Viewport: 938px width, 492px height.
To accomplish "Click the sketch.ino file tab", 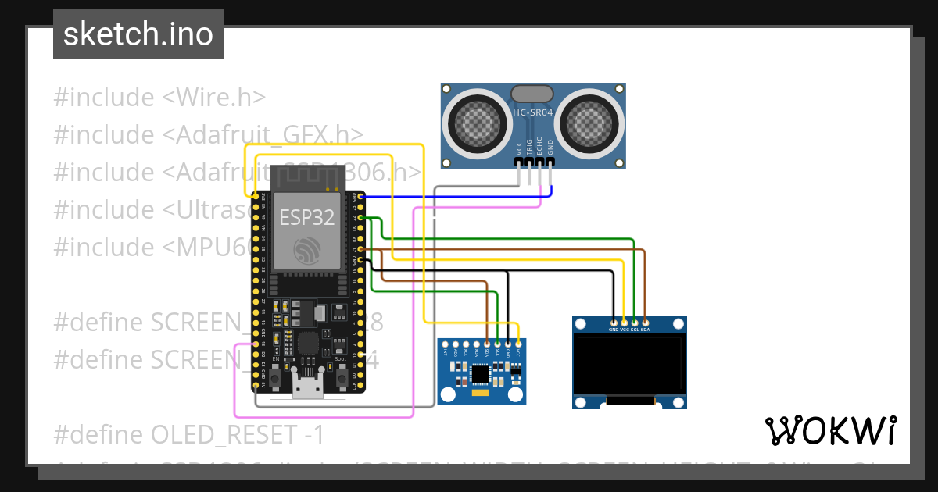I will [x=138, y=34].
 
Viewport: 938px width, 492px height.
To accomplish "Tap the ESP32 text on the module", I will [x=307, y=218].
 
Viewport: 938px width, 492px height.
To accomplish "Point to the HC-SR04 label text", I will [x=533, y=113].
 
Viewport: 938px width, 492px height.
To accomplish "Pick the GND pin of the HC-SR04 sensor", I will [x=551, y=162].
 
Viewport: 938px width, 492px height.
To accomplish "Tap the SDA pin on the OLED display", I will [x=645, y=322].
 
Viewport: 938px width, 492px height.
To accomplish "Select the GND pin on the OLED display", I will [x=614, y=322].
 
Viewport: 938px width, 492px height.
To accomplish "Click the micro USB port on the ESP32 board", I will [x=307, y=385].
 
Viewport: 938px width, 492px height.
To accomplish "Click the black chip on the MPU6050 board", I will [x=480, y=375].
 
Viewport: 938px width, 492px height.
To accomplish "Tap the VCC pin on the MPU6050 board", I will [x=518, y=343].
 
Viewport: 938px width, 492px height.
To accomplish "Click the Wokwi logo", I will [x=830, y=430].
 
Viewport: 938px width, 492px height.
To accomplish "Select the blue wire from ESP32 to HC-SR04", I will [x=453, y=197].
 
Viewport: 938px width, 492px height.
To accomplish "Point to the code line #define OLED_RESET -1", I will [x=188, y=434].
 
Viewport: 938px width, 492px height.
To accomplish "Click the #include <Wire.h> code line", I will [x=159, y=98].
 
